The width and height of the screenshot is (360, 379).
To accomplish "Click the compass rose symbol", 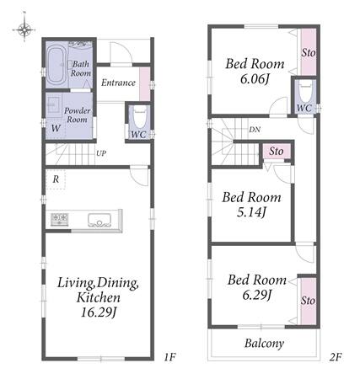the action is (24, 29).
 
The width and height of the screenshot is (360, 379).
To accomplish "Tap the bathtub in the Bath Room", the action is (56, 65).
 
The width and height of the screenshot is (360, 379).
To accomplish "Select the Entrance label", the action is (118, 83).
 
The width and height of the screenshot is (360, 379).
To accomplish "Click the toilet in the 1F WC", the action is (139, 118).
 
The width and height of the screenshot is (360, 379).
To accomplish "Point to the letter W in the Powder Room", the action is (56, 128).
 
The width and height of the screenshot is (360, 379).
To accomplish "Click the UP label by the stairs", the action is (101, 153).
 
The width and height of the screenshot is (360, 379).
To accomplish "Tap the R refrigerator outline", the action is (56, 179).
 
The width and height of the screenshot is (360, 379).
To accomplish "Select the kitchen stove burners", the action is (59, 220).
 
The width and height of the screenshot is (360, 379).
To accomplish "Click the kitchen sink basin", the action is (99, 220).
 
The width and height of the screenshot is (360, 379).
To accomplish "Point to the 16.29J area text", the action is (99, 312).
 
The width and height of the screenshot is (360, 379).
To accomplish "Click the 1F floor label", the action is (169, 357).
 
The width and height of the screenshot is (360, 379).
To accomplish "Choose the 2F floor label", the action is (336, 357).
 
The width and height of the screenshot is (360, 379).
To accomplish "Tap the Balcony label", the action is (264, 344).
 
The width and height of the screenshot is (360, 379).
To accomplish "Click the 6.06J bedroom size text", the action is (255, 79).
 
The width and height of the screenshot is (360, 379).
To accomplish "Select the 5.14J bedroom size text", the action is (251, 212).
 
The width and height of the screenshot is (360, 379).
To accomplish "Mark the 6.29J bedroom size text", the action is (257, 295).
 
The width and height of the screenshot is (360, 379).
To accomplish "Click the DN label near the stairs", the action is (255, 130).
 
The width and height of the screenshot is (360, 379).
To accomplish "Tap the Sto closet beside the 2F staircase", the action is (277, 152).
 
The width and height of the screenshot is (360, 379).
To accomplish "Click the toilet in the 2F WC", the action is (305, 91).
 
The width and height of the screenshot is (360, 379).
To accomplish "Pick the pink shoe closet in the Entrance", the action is (145, 84).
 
